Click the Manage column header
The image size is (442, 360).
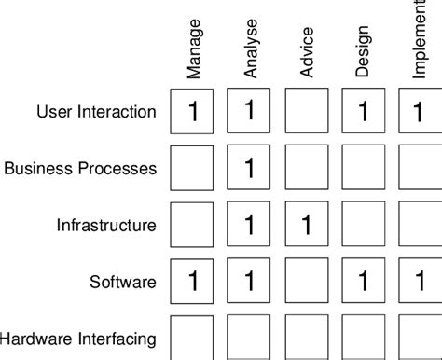[x=193, y=56]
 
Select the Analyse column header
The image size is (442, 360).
[x=250, y=53]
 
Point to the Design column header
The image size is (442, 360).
[x=363, y=57]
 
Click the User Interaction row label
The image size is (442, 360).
[x=96, y=113]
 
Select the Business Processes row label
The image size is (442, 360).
[x=80, y=169]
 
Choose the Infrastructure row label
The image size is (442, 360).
[x=106, y=225]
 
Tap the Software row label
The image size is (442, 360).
[x=123, y=281]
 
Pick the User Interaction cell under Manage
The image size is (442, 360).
[x=193, y=113]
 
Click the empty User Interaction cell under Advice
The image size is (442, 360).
[x=307, y=113]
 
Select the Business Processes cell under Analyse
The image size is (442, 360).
[x=250, y=169]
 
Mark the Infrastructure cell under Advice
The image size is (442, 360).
[x=307, y=225]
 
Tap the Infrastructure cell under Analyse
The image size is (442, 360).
[x=250, y=225]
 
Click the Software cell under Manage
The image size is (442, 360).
[x=193, y=281]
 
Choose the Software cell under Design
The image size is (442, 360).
[x=363, y=281]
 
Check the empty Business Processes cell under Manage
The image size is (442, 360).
[x=193, y=169]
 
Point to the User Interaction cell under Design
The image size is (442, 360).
[x=363, y=113]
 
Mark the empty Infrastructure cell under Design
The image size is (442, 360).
[x=363, y=225]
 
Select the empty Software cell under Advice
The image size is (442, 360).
[x=307, y=281]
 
